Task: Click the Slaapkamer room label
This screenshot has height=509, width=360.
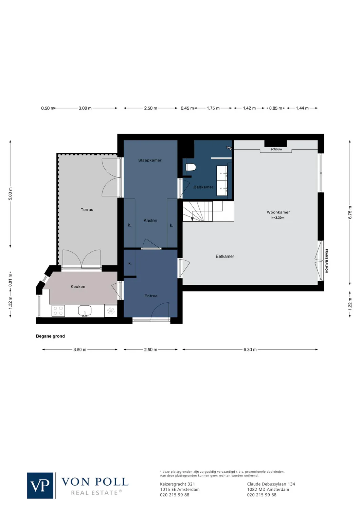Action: click(x=150, y=160)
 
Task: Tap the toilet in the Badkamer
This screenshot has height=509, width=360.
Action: click(x=191, y=167)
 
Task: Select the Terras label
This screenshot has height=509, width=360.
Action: click(x=87, y=210)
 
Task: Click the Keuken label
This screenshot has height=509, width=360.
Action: click(x=78, y=287)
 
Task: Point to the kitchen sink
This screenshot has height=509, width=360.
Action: click(x=85, y=310)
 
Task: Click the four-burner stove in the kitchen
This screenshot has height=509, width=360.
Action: click(x=58, y=311)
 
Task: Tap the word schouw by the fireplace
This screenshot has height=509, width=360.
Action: click(x=276, y=149)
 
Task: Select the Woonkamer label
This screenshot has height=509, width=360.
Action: click(x=278, y=212)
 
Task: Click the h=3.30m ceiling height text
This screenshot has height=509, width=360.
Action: click(x=278, y=218)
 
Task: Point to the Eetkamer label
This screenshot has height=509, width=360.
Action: click(x=225, y=257)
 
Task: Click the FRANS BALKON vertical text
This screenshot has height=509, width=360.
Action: click(x=326, y=261)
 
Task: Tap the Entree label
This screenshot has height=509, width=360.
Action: click(x=151, y=296)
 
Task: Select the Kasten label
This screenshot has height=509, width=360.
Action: click(x=150, y=221)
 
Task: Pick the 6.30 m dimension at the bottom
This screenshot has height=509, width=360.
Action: click(x=250, y=350)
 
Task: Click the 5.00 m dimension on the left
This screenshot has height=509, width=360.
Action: click(x=10, y=193)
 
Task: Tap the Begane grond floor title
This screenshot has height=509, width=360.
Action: click(x=50, y=336)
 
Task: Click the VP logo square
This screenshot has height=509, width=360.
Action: click(x=40, y=486)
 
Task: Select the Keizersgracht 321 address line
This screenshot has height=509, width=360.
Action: click(x=177, y=484)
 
